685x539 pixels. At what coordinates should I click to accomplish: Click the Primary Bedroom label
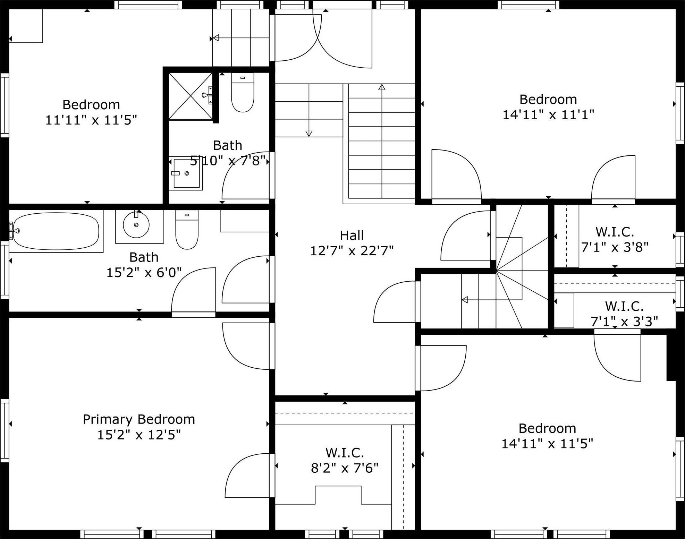139,419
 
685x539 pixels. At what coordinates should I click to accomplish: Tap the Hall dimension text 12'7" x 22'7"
352,250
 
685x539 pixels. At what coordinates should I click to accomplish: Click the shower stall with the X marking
190,96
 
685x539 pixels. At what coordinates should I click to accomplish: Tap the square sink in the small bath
186,173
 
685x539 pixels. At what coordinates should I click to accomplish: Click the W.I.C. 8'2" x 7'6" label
345,461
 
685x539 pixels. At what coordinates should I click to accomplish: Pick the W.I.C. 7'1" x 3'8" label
615,239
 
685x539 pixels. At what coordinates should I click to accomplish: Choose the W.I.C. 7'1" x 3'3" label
624,314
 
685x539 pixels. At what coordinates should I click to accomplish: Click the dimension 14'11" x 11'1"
548,114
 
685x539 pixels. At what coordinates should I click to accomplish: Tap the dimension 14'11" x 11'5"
547,444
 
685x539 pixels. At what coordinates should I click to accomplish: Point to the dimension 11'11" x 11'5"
91,120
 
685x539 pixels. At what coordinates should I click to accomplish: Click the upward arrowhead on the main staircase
382,87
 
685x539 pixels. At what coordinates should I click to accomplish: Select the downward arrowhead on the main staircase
308,134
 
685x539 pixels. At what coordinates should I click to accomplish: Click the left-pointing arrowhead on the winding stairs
465,300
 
